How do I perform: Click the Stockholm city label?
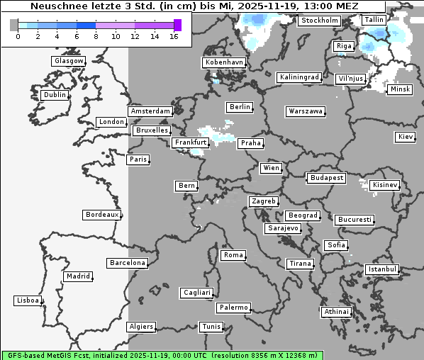tap(319, 21)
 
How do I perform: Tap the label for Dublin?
tap(55, 95)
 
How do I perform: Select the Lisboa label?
tap(28, 300)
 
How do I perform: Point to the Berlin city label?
tap(240, 107)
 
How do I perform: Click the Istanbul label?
tap(382, 269)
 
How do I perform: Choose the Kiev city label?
tap(406, 137)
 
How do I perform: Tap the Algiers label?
tap(140, 327)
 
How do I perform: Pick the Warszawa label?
tap(306, 111)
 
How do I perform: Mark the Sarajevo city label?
tap(283, 228)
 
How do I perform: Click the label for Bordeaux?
tap(101, 215)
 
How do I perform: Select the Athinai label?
tap(336, 312)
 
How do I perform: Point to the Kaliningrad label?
tap(300, 77)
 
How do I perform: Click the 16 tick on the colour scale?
tap(174, 35)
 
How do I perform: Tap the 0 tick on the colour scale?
tap(17, 35)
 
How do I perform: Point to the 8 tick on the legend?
tap(96, 35)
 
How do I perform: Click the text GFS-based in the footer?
tap(26, 354)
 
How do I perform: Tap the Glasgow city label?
tap(69, 61)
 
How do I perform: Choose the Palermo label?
tap(233, 308)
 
